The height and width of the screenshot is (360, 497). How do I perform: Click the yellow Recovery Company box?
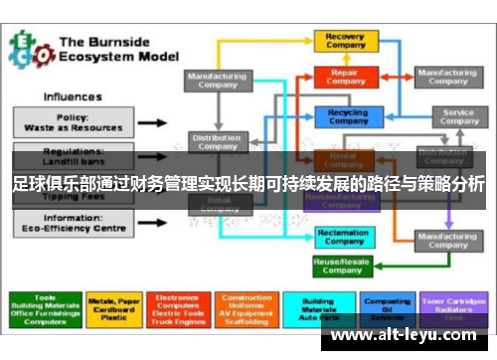tap(346, 41)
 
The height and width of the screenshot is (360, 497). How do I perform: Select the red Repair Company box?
tap(346, 76)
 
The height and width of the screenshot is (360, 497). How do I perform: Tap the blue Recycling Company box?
tap(346, 116)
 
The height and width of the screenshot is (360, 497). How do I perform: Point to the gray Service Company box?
tap(457, 116)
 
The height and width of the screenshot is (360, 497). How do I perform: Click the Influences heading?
tap(72, 96)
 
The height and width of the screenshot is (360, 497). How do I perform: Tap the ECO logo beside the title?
tap(29, 49)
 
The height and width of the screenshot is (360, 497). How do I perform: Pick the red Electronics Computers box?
tap(179, 308)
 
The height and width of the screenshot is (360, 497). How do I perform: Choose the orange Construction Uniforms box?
tap(247, 308)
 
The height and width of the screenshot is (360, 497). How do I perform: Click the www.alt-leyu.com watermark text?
tap(408, 336)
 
